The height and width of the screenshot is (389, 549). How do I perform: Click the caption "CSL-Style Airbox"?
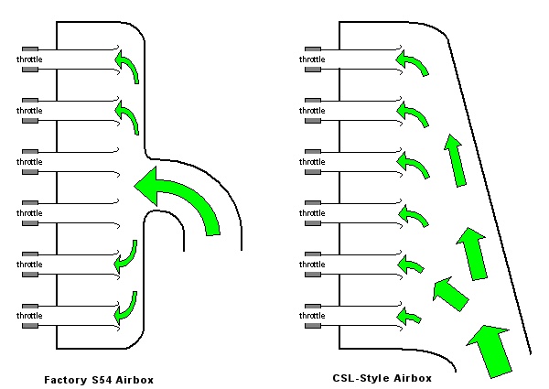[382, 376]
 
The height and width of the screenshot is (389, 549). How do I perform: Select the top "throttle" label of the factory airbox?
[29, 59]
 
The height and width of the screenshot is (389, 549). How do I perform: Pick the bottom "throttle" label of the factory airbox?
[29, 316]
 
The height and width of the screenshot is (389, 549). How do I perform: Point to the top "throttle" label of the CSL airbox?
[312, 59]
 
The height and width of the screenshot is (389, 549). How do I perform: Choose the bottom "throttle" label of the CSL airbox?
[312, 316]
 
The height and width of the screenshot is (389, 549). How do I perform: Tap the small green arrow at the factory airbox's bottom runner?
[127, 308]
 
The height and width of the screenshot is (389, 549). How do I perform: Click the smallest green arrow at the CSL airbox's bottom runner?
[410, 318]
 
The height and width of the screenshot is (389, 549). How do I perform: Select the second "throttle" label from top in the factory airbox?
[29, 111]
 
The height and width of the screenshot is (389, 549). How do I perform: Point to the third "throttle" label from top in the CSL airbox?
[312, 162]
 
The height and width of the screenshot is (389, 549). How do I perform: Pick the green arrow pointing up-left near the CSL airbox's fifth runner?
[449, 295]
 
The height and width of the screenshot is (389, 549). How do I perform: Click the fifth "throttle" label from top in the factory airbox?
[29, 265]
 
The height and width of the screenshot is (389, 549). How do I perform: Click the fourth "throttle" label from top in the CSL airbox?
[312, 213]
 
